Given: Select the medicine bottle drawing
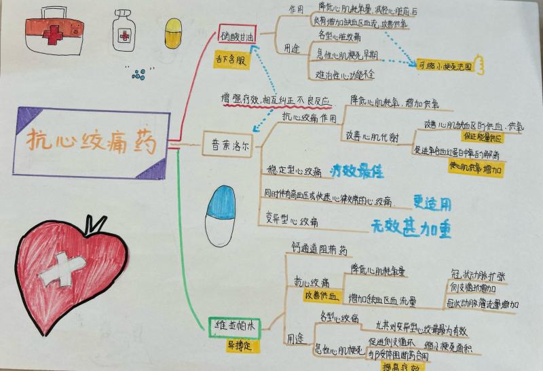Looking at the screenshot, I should tap(124, 30).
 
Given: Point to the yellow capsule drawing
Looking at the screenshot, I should tap(174, 33).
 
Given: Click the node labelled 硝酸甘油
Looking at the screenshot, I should tap(238, 35).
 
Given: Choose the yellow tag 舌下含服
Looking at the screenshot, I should tap(229, 58).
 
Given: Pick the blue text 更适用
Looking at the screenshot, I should tap(433, 201).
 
